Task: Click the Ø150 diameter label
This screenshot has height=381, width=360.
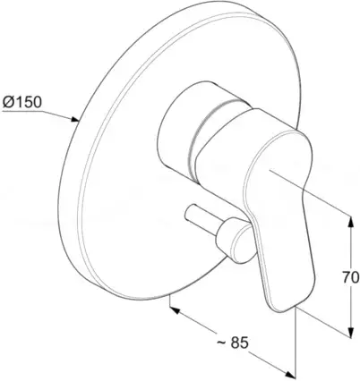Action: pos(21,102)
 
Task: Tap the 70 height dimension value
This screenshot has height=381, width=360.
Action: pos(350,278)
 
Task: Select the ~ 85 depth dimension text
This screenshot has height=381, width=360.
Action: pos(232,343)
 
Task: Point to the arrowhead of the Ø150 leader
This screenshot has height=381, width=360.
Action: pos(74,119)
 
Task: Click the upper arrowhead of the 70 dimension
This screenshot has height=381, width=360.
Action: pos(351,221)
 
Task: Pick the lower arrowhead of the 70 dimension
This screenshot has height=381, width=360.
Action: pos(351,332)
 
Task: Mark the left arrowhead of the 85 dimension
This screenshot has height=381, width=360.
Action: pos(175,309)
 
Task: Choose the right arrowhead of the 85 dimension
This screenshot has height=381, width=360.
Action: pos(290,373)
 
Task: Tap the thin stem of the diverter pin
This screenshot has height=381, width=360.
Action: pos(201,216)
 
